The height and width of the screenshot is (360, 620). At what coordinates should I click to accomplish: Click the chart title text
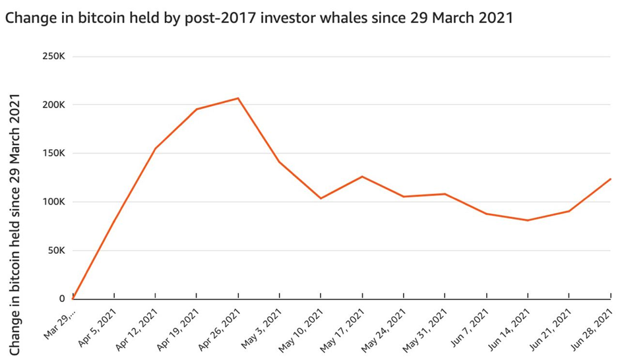259,17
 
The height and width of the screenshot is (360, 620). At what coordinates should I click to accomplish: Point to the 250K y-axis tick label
53,57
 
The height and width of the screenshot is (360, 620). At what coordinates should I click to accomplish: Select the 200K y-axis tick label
53,105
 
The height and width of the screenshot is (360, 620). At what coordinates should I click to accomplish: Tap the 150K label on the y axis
53,154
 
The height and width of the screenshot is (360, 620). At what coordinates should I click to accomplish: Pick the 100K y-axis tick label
53,202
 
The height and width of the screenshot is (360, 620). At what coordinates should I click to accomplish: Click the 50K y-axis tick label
55,251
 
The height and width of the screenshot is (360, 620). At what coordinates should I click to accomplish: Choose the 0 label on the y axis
62,299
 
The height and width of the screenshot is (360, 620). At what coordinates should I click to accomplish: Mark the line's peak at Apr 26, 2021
238,98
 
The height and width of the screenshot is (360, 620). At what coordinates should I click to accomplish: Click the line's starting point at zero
73,299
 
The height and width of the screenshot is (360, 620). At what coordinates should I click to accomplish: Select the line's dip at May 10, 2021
321,198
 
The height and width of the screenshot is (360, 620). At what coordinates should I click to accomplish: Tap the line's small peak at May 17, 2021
362,176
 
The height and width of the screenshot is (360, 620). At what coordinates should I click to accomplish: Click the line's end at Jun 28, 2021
610,179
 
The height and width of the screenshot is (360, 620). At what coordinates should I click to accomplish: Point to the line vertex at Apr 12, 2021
156,148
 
